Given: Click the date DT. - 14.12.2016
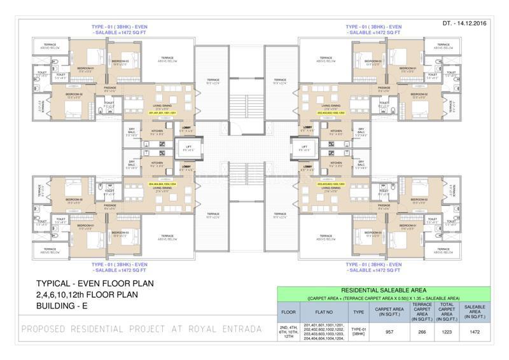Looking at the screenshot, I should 471,24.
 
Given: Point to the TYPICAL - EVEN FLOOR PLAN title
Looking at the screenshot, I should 95,283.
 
